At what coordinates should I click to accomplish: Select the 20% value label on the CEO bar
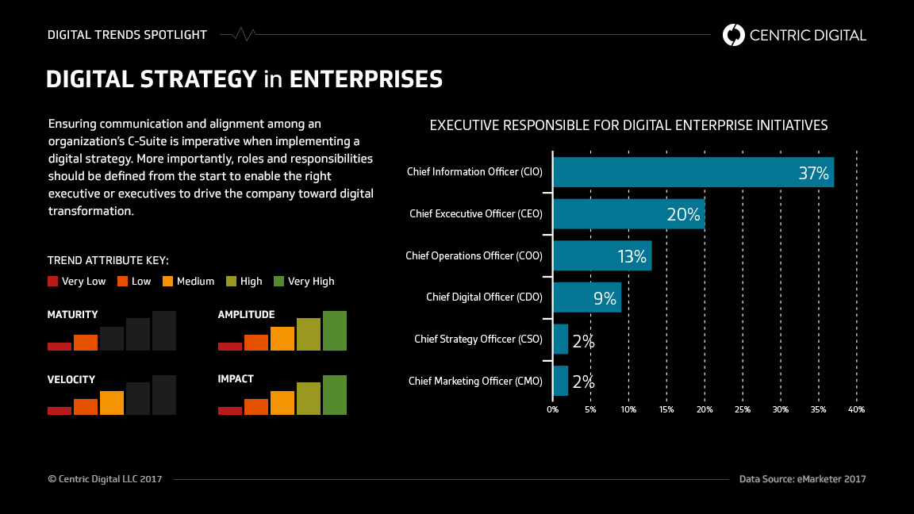[x=683, y=214]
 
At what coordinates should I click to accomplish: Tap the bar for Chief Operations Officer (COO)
[x=601, y=256]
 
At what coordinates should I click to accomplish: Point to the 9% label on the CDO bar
[x=605, y=298]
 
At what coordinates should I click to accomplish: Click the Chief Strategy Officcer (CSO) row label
[x=478, y=339]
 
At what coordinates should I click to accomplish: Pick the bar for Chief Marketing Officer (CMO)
[x=560, y=381]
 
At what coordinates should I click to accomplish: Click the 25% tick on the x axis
[x=743, y=409]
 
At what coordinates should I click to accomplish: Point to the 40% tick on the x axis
[x=856, y=409]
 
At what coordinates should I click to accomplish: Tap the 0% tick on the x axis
[x=553, y=409]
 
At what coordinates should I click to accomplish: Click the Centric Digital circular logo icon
[x=734, y=35]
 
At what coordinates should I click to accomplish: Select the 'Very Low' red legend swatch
[x=53, y=281]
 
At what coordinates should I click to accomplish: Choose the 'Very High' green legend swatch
[x=278, y=281]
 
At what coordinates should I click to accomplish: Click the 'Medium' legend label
[x=195, y=281]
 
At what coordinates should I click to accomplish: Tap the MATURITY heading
[x=73, y=315]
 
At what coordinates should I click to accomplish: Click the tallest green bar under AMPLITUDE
[x=335, y=331]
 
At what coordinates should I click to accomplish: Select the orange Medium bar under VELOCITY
[x=112, y=403]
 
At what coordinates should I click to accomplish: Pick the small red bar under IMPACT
[x=230, y=410]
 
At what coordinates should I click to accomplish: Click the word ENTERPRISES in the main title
[x=366, y=79]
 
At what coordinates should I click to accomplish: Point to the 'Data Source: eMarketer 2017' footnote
[x=802, y=479]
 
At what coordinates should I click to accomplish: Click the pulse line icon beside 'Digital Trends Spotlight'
[x=239, y=35]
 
